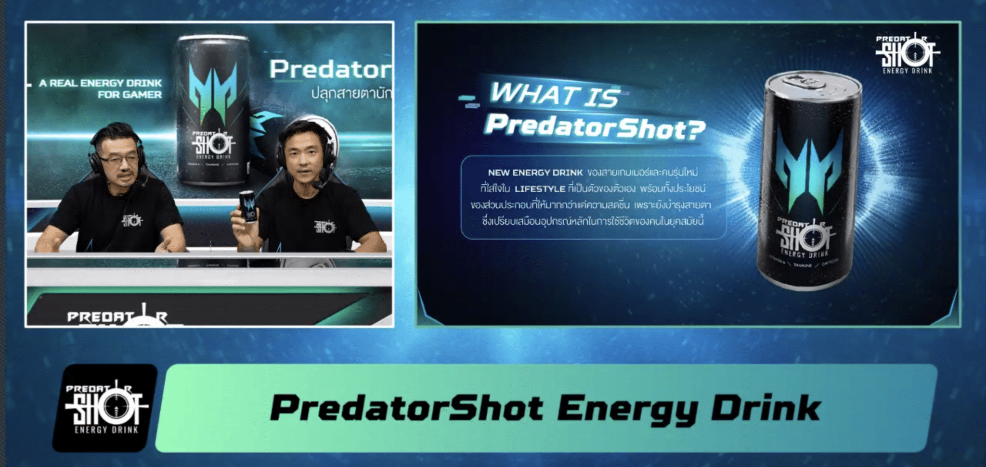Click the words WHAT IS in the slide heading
[x=554, y=95]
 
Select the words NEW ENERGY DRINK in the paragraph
[x=535, y=173]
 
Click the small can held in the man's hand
[x=248, y=207]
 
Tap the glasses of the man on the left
[x=116, y=159]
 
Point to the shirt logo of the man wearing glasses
[x=132, y=220]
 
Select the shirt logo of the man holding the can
[x=325, y=226]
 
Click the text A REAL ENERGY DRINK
[x=100, y=83]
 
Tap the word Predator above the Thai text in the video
[x=330, y=70]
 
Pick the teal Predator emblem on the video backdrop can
[x=212, y=91]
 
